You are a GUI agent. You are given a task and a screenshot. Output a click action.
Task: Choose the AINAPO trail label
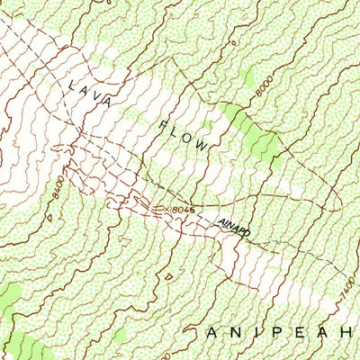pyautogui.click(x=233, y=229)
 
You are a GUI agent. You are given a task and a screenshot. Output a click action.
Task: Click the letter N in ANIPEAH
pyautogui.click(x=232, y=333)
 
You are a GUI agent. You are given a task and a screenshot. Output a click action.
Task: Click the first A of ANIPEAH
pyautogui.click(x=211, y=333)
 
